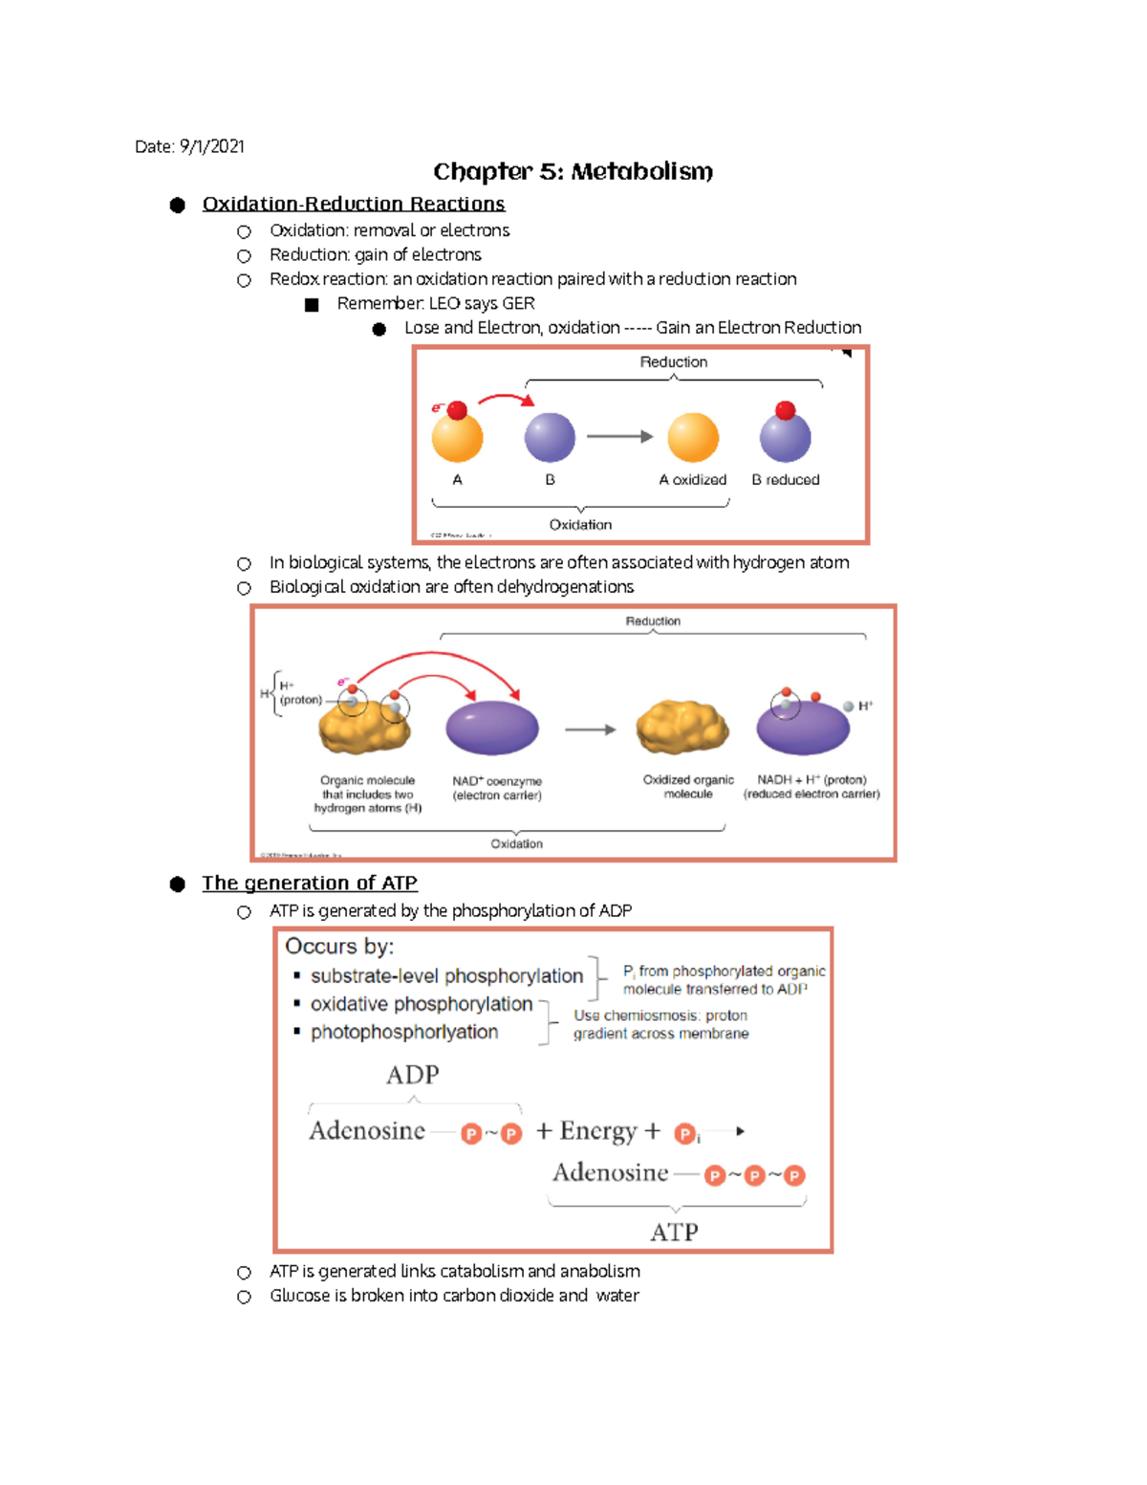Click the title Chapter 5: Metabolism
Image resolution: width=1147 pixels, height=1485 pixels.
573,172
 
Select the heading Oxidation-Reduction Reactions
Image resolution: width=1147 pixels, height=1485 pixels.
353,204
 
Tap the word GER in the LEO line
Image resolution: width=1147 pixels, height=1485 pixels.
518,303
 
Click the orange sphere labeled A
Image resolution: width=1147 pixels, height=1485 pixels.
457,438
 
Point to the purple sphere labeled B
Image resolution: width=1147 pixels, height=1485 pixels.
550,438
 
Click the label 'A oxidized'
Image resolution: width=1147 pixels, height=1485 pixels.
692,480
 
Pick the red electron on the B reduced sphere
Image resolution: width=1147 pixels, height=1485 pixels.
786,411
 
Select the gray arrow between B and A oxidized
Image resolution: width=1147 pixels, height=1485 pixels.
619,437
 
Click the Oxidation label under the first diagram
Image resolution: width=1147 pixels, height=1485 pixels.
580,525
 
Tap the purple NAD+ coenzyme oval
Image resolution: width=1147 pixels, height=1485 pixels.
492,728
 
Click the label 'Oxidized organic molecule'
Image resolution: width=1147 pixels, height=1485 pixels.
688,787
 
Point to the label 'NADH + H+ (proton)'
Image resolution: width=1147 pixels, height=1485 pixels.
812,780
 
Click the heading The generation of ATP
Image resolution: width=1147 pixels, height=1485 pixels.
310,884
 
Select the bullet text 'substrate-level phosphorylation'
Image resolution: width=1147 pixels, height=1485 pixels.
446,976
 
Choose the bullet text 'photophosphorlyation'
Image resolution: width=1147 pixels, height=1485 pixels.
404,1033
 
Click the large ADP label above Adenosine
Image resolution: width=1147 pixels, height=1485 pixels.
413,1075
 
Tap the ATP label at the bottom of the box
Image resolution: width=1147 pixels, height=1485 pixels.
674,1233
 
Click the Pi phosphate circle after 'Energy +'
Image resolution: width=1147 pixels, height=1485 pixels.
684,1134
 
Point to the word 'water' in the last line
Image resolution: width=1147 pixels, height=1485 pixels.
617,1296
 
